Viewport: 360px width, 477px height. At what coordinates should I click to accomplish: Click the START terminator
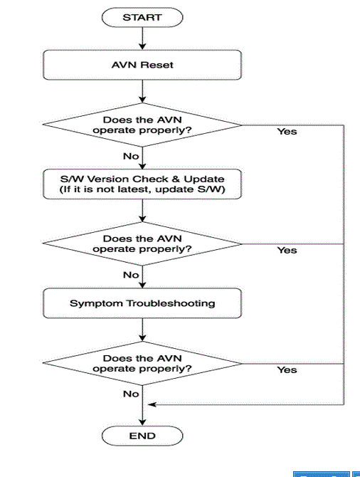142,17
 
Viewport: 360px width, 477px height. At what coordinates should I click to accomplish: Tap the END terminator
142,436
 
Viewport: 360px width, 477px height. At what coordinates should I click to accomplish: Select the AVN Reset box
142,65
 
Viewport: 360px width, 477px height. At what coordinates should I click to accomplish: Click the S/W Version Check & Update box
142,184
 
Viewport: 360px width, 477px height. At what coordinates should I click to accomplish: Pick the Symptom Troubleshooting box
142,303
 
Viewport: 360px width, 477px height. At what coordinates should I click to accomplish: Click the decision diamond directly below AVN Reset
142,125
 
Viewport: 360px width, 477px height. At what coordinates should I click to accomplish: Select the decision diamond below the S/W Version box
142,243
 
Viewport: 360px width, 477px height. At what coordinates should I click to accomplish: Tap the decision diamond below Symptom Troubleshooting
142,363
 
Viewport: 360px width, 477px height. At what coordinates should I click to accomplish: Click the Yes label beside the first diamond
287,132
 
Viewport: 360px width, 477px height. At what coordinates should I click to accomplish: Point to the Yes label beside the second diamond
287,250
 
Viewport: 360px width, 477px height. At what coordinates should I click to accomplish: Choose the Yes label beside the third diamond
287,369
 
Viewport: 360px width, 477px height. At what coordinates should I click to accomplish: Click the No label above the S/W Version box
131,156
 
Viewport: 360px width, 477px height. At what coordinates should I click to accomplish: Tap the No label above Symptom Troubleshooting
131,275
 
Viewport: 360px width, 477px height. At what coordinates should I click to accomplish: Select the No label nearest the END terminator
131,394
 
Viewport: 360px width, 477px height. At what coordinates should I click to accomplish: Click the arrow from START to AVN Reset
142,38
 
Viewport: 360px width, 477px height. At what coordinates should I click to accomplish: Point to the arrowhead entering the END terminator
142,422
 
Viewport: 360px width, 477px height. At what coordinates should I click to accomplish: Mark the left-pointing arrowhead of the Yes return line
152,404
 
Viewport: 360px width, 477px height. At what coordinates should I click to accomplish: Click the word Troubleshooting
171,303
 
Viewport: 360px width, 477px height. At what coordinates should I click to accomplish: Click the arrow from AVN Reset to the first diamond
142,92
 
